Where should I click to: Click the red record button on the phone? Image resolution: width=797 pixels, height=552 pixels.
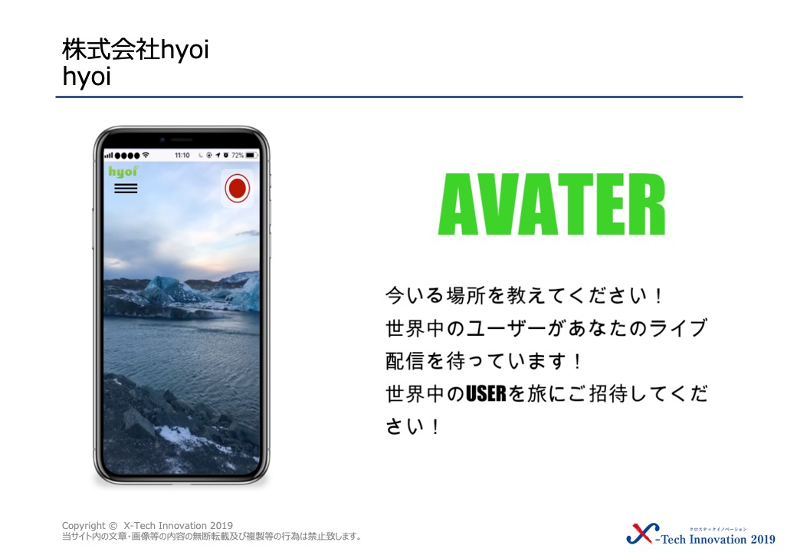238,188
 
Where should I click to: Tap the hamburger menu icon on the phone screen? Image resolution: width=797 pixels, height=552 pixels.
126,188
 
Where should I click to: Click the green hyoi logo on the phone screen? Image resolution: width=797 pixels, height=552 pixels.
123,171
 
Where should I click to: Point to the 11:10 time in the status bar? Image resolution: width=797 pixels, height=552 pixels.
182,155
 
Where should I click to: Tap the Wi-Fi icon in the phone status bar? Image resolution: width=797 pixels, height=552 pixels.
146,155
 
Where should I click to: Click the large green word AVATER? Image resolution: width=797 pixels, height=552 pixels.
552,205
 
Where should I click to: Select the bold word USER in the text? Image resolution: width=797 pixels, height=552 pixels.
486,393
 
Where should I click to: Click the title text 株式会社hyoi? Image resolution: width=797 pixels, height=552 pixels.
135,50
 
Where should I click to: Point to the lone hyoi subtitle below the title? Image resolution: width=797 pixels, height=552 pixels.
87,77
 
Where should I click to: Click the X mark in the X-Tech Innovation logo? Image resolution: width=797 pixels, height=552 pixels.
642,533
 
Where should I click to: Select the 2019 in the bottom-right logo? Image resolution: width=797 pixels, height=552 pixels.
763,539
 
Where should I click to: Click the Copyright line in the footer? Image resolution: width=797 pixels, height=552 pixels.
147,526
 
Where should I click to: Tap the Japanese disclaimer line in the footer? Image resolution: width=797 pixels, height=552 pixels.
212,536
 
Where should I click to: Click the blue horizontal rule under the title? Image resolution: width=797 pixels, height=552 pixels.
399,97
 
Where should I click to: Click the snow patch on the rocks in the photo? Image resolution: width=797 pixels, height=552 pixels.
178,434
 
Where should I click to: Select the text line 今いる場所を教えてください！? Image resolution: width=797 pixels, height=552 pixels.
524,295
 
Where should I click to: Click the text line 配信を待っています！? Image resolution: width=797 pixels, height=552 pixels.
484,361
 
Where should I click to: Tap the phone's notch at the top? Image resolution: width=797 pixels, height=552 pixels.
182,140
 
